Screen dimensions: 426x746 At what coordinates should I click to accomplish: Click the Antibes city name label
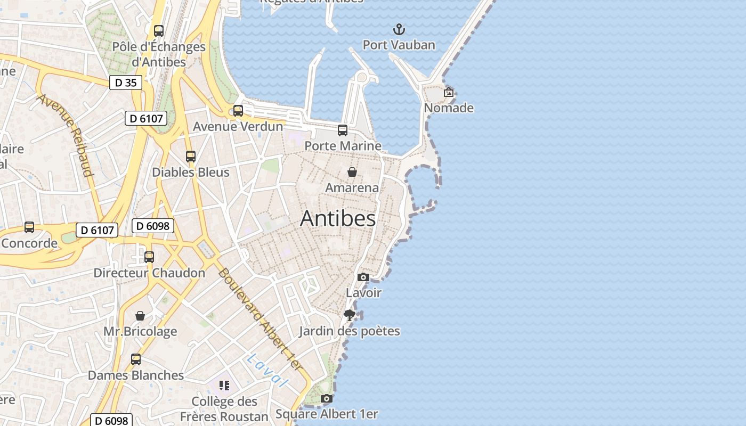pyautogui.click(x=338, y=219)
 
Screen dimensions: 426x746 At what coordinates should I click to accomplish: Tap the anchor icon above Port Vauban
pyautogui.click(x=399, y=29)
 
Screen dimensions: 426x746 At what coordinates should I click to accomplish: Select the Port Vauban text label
pyautogui.click(x=399, y=45)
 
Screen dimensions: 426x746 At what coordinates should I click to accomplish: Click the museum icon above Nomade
pyautogui.click(x=449, y=92)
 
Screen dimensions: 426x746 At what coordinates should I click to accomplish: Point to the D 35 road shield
pyautogui.click(x=126, y=83)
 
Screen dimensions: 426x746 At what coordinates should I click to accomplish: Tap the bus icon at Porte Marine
pyautogui.click(x=343, y=130)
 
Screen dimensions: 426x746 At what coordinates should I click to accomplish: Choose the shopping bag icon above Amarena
pyautogui.click(x=352, y=172)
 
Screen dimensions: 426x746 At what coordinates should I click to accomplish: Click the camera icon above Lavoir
pyautogui.click(x=363, y=277)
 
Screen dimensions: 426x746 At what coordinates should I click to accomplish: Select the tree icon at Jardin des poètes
pyautogui.click(x=350, y=315)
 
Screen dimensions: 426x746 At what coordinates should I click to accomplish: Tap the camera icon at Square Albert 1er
pyautogui.click(x=327, y=398)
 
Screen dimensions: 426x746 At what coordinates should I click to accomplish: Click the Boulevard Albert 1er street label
pyautogui.click(x=260, y=319)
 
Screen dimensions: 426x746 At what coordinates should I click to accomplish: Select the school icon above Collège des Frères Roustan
pyautogui.click(x=224, y=385)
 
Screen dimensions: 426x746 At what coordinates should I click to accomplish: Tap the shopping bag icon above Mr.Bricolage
pyautogui.click(x=140, y=316)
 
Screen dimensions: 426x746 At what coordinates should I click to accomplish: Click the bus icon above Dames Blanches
pyautogui.click(x=136, y=359)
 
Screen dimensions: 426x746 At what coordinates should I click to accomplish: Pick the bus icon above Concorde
pyautogui.click(x=29, y=227)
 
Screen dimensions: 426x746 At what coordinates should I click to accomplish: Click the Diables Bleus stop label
pyautogui.click(x=191, y=172)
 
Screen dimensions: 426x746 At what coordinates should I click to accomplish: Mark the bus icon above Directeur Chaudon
pyautogui.click(x=149, y=257)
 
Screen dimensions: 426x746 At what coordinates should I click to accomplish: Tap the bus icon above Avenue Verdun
pyautogui.click(x=238, y=111)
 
